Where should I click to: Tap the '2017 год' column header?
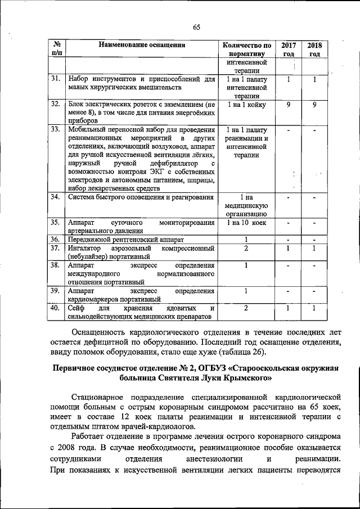coord(289,49)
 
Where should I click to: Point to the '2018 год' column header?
coord(314,49)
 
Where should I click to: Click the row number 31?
coord(55,79)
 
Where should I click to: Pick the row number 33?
coord(55,129)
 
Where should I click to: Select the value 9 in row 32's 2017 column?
coord(289,104)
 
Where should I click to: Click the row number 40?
coord(55,308)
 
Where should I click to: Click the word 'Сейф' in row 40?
coord(75,308)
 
